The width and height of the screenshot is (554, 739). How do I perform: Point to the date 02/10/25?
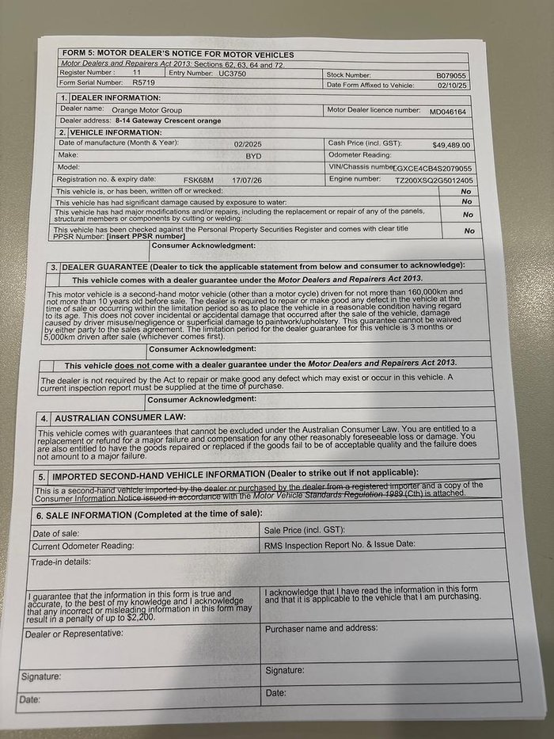455,85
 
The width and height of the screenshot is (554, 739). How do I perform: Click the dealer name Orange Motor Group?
147,109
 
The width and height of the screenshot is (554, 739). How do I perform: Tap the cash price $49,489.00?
451,145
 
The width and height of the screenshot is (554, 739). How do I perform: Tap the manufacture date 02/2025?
248,143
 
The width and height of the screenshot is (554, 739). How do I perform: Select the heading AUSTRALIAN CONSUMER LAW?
118,417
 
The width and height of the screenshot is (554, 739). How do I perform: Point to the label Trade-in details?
62,562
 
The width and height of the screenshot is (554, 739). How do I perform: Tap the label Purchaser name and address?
321,627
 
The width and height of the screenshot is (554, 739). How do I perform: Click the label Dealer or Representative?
74,634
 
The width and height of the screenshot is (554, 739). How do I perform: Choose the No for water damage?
466,202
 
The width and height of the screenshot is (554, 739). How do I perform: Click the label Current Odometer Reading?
83,547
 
